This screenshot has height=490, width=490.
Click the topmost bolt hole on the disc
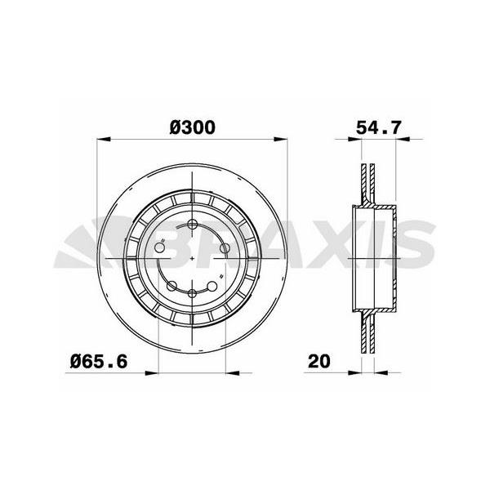193,225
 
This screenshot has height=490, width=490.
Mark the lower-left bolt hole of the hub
172,285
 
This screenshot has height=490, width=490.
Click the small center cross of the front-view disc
193,259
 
